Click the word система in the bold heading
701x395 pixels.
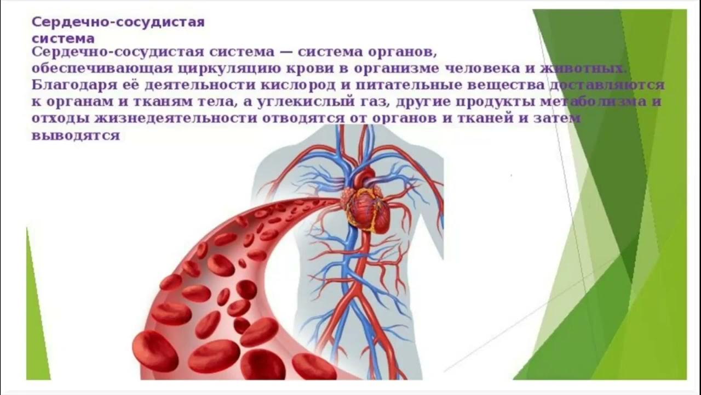point(62,38)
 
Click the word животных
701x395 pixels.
point(587,70)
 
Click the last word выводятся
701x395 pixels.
point(76,136)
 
